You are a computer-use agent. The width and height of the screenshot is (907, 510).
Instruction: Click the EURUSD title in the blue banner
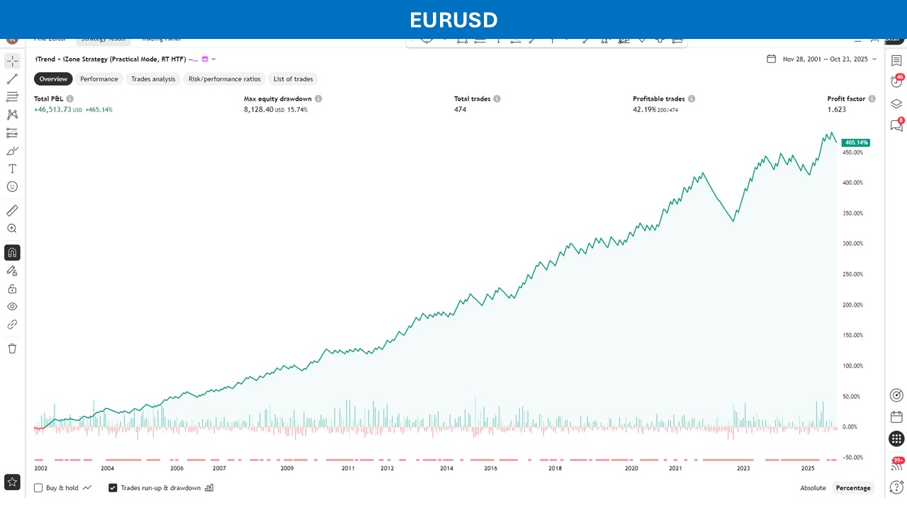[x=453, y=20]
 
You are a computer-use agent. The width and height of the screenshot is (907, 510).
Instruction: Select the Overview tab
[x=53, y=79]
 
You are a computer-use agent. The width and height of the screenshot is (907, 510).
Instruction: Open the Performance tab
[x=99, y=79]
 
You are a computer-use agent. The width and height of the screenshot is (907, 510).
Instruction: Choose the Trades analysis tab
[x=153, y=79]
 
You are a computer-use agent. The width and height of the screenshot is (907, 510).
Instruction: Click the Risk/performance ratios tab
[x=225, y=79]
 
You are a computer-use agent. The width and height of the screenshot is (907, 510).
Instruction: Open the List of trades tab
[x=293, y=79]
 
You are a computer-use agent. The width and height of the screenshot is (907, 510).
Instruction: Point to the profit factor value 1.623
[x=836, y=110]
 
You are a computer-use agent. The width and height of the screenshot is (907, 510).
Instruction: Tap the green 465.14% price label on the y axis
[x=855, y=142]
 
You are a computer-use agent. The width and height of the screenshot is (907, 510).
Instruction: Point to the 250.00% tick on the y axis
[x=852, y=274]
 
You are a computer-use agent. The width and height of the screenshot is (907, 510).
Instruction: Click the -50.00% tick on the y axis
[x=852, y=457]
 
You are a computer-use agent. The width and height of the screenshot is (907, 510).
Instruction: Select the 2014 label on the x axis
[x=446, y=468]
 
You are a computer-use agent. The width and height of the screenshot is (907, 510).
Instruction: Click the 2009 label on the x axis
[x=287, y=468]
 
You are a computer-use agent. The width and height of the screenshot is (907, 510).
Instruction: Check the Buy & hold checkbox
[x=39, y=488]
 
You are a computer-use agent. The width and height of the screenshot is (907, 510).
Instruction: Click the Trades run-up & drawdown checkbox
[x=113, y=488]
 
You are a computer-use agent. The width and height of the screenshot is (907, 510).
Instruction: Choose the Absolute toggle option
[x=813, y=488]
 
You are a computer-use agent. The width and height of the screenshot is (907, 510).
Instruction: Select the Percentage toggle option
[x=853, y=488]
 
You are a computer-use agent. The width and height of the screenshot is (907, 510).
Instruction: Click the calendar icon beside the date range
[x=771, y=59]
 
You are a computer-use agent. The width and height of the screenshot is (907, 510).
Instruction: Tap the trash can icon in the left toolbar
[x=12, y=348]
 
